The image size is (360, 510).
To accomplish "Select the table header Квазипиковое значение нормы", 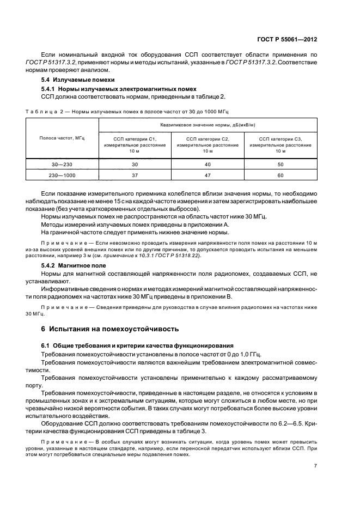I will (x=207, y=125).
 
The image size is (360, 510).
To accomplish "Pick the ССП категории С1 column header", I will (x=135, y=145).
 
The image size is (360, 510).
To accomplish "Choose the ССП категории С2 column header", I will (x=208, y=145).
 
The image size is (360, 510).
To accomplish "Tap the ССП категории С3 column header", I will (x=280, y=145).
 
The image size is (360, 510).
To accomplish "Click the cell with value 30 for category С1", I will (x=135, y=163).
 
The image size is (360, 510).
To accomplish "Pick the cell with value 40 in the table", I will (x=208, y=163).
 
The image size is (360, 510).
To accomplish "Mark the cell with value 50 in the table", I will (x=280, y=163).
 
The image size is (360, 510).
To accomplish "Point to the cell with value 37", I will (x=135, y=175).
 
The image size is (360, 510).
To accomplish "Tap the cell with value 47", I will (x=208, y=175).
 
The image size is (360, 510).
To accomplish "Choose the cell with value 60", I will (x=280, y=175).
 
